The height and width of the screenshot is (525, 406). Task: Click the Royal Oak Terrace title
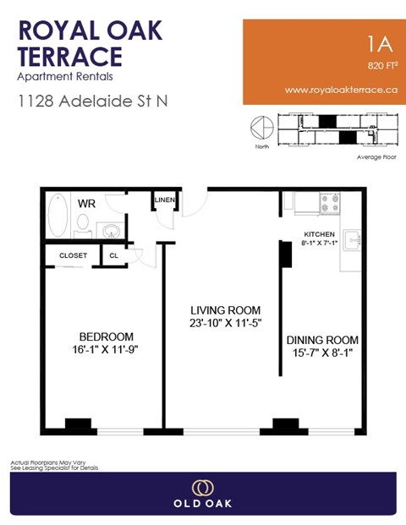coord(90,43)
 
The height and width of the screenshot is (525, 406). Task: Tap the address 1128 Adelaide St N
coord(93,101)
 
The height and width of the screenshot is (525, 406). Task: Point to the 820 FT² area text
coord(382,65)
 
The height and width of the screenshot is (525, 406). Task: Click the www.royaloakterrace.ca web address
coord(341,89)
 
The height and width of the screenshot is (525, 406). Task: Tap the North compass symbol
coord(259,129)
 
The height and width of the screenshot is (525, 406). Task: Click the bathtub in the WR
coord(57,216)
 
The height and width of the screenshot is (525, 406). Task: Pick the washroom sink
coord(110,229)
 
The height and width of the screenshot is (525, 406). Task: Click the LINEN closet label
coord(163,200)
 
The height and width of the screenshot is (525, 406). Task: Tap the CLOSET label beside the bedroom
coord(73,255)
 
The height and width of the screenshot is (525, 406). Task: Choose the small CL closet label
coord(113,255)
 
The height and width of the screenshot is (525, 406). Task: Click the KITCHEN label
coord(320,233)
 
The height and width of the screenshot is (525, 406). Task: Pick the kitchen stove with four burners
coord(328,203)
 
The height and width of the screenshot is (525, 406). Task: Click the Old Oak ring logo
coord(203,488)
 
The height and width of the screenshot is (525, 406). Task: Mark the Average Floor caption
coord(377,156)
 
